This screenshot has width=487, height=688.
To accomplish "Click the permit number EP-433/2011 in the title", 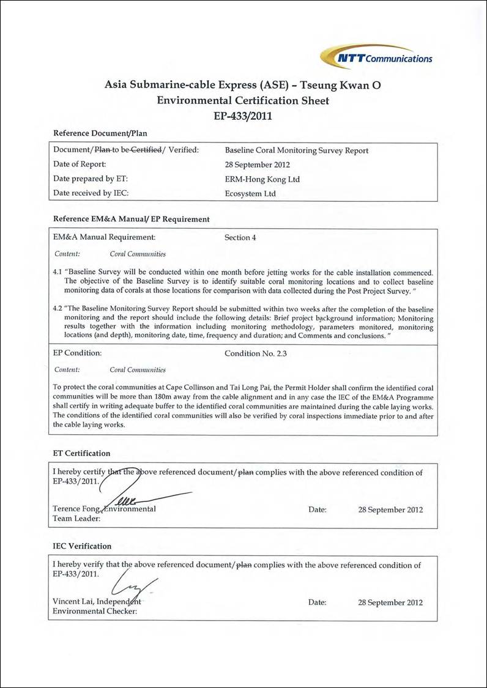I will point(243,115).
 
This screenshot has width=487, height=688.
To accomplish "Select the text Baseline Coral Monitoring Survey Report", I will point(297,150).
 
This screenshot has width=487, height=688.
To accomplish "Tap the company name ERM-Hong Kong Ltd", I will point(262,179).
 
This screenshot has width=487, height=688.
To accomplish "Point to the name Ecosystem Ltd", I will point(250,194).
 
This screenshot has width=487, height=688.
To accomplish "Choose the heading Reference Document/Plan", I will point(100,133).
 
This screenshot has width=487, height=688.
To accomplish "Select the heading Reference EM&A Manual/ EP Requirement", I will point(132,219).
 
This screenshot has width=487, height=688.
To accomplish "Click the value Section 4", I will point(241,237).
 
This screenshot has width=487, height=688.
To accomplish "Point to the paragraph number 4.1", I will point(58,272).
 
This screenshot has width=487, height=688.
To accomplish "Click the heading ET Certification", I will point(81,453).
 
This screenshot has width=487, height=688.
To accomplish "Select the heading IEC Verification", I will point(82,546).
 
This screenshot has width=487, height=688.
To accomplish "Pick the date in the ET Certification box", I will point(390,509).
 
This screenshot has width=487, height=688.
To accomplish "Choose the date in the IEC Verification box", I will point(390,602).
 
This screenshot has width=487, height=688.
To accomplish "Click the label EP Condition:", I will point(77,353).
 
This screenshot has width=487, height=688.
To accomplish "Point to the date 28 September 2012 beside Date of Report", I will point(258,165).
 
